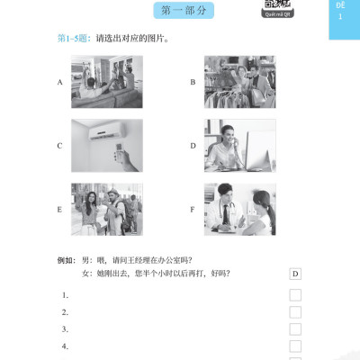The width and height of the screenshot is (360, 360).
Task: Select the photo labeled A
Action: pyautogui.click(x=106, y=81)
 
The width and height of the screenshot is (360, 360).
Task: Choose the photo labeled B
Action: pyautogui.click(x=239, y=81)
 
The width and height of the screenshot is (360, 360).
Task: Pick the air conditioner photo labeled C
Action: pyautogui.click(x=106, y=144)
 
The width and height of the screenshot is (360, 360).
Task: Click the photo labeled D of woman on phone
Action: pyautogui.click(x=239, y=144)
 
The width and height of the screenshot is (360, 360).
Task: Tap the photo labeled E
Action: pyautogui.click(x=106, y=209)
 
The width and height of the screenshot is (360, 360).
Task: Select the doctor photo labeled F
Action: pyautogui.click(x=239, y=209)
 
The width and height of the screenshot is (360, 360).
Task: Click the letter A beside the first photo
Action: pyautogui.click(x=59, y=82)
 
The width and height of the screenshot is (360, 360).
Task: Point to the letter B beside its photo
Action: pyautogui.click(x=193, y=82)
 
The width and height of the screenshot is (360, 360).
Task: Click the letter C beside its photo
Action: pyautogui.click(x=59, y=145)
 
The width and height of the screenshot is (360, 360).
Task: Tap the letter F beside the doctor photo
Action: pyautogui.click(x=193, y=210)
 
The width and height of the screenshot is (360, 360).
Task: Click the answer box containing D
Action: pyautogui.click(x=295, y=274)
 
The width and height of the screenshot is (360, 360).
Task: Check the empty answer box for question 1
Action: pyautogui.click(x=295, y=295)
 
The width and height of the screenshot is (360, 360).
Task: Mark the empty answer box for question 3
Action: pyautogui.click(x=295, y=329)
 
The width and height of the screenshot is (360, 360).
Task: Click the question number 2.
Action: pyautogui.click(x=65, y=312)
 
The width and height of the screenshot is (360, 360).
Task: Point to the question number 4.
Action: pyautogui.click(x=65, y=346)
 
